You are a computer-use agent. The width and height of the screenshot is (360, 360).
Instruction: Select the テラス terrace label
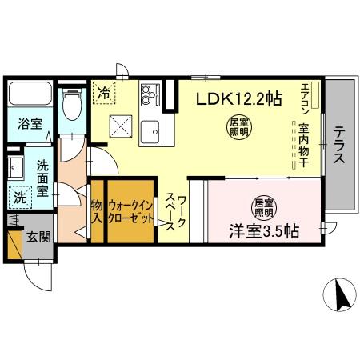[339, 145]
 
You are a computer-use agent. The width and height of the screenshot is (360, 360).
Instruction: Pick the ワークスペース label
[177, 211]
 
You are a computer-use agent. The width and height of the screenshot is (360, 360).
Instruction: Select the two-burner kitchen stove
[150, 97]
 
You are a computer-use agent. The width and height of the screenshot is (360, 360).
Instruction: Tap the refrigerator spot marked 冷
[104, 93]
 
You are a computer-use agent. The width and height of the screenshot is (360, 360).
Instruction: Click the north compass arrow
[342, 298]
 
